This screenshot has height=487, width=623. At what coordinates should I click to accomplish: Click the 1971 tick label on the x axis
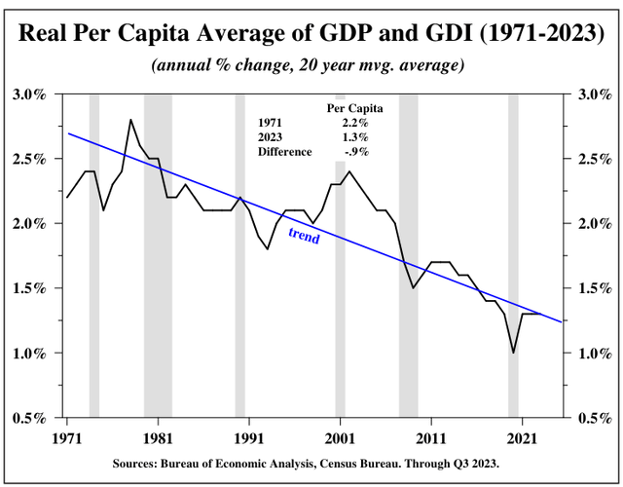67,437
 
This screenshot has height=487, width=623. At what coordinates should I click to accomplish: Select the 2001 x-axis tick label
340,437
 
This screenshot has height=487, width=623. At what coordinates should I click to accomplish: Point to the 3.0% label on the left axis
28,94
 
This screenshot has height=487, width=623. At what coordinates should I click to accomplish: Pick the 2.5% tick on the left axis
28,159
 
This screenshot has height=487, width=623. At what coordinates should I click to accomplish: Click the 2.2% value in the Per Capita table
355,123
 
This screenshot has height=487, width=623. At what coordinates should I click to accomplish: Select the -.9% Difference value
355,152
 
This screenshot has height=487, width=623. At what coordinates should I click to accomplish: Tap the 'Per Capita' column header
355,108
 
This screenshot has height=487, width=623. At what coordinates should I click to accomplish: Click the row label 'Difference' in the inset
284,152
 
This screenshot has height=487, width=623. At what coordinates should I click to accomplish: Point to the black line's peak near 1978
130,120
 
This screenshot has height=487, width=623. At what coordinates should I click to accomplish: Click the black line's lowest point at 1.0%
513,353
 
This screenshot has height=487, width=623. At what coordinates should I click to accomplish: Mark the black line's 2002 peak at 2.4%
349,172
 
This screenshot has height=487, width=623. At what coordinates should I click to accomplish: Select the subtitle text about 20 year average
311,67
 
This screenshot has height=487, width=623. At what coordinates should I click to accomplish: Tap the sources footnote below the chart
311,465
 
